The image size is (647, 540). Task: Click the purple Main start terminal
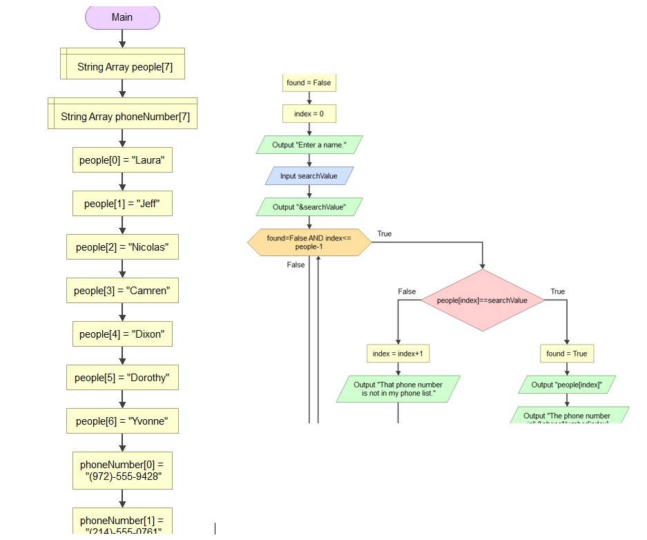pyautogui.click(x=122, y=18)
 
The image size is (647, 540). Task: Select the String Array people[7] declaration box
pyautogui.click(x=122, y=67)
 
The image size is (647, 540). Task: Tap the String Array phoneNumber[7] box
pyautogui.click(x=122, y=116)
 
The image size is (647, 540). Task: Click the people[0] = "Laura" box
pyautogui.click(x=122, y=160)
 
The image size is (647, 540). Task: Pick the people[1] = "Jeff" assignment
pyautogui.click(x=122, y=204)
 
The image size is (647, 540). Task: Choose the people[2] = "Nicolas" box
pyautogui.click(x=122, y=247)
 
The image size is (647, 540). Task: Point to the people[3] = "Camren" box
pyautogui.click(x=122, y=291)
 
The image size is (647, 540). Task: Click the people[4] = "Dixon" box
pyautogui.click(x=122, y=334)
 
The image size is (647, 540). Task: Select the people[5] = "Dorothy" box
pyautogui.click(x=122, y=378)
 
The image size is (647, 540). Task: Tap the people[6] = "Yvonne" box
pyautogui.click(x=122, y=421)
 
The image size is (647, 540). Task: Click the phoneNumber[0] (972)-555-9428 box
pyautogui.click(x=122, y=470)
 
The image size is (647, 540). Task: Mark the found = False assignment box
pyautogui.click(x=309, y=83)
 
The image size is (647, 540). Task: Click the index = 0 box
pyautogui.click(x=309, y=114)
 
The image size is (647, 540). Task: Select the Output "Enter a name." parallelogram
pyautogui.click(x=309, y=145)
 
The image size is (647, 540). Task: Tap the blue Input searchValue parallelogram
pyautogui.click(x=309, y=176)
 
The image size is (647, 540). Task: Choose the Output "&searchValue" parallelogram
pyautogui.click(x=309, y=207)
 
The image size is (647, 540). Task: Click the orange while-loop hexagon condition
pyautogui.click(x=309, y=242)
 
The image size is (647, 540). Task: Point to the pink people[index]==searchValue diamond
pyautogui.click(x=482, y=300)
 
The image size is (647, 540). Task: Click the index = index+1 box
pyautogui.click(x=398, y=354)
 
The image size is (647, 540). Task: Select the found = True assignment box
pyautogui.click(x=566, y=354)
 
